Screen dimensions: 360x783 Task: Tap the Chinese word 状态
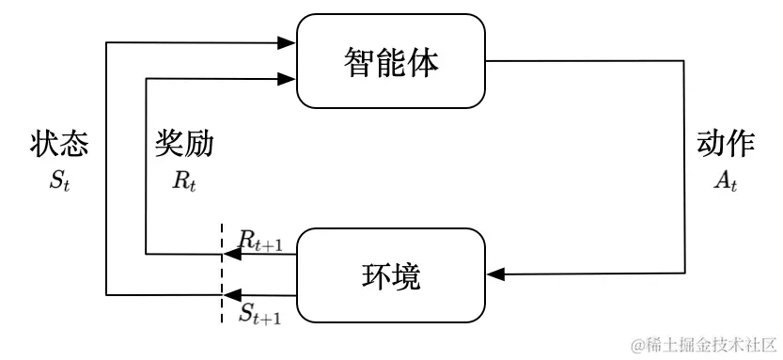pos(59,144)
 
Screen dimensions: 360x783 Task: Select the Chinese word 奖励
pos(184,144)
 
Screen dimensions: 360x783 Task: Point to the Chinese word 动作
pos(725,144)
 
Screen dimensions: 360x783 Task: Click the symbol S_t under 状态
pos(59,180)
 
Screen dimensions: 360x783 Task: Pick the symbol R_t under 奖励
pos(184,180)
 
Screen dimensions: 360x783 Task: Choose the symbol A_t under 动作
pos(725,180)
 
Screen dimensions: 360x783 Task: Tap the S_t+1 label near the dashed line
pos(259,313)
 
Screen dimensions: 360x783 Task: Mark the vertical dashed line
pos(222,273)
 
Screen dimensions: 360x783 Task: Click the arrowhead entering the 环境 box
pos(496,274)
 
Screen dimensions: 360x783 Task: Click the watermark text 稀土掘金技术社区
pos(710,343)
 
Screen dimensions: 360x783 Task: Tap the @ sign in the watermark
pos(635,344)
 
